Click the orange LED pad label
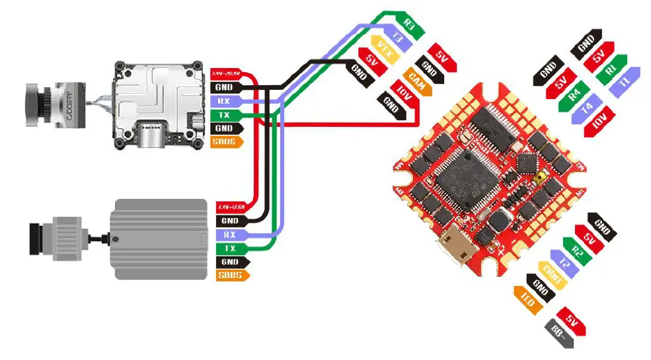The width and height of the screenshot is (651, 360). click(527, 301)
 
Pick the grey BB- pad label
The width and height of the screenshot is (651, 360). click(558, 334)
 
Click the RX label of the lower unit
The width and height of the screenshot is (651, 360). click(229, 234)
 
